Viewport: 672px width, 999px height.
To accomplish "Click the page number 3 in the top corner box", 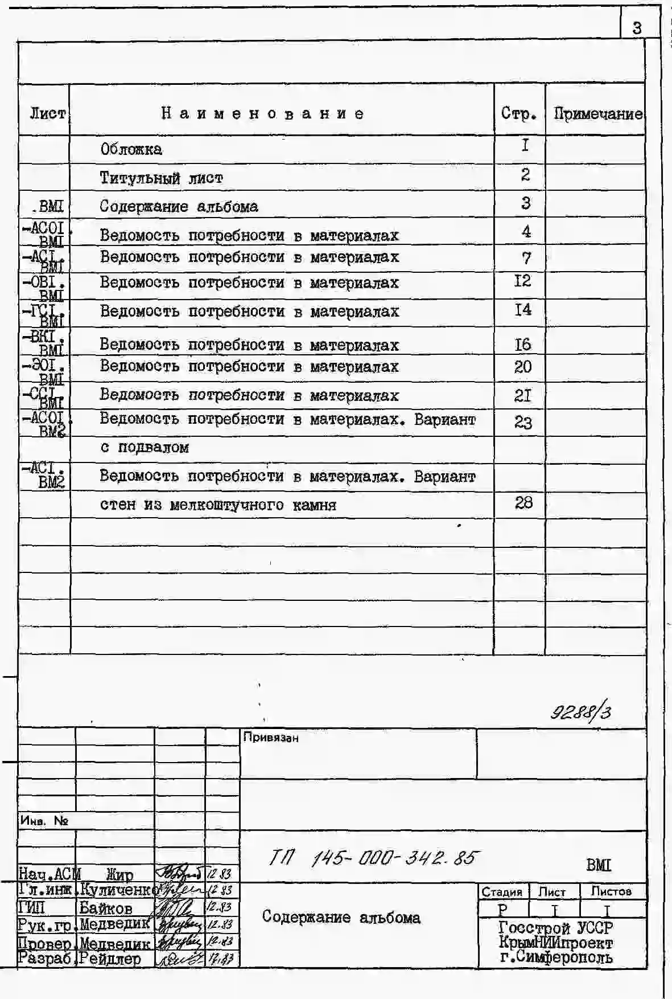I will [637, 27].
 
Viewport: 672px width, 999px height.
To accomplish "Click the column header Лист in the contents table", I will [47, 113].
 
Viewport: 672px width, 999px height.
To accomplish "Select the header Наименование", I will [263, 113].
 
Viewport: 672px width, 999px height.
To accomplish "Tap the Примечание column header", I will [597, 114].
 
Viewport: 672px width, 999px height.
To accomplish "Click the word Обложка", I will [131, 149].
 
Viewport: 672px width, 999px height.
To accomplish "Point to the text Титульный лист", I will [161, 178].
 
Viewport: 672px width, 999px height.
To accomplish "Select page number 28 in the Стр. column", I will [523, 502].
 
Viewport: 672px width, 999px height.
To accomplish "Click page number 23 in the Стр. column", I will [523, 422].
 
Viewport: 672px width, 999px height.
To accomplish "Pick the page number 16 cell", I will [522, 344].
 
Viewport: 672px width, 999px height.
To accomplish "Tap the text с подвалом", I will [145, 448].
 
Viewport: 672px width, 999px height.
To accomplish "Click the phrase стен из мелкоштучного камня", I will [218, 505].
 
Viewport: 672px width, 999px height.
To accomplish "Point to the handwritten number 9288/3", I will [580, 711].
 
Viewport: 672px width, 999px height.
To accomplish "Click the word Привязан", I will [270, 738].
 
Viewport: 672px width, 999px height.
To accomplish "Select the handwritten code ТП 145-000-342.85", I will [373, 858].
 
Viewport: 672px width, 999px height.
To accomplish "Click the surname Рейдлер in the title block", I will [110, 959].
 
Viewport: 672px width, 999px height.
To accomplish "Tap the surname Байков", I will [106, 908].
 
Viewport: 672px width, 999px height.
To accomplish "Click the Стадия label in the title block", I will [502, 892].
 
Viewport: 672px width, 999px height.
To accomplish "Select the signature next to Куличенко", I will [180, 890].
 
